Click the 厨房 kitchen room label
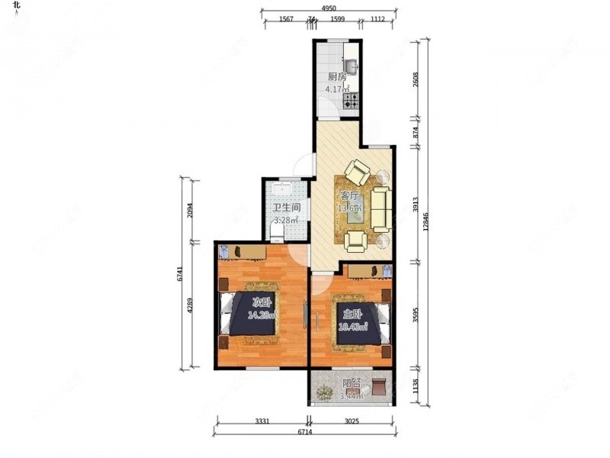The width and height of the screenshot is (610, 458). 337,76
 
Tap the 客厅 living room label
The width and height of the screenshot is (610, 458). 349,195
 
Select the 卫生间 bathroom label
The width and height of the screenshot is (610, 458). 286,207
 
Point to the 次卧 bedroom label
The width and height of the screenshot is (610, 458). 262,301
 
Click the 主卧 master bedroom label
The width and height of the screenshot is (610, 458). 352,314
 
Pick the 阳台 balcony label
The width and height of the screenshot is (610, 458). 352,385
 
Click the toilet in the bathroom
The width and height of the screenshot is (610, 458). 280,230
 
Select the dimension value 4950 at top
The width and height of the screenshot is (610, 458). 329,8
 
